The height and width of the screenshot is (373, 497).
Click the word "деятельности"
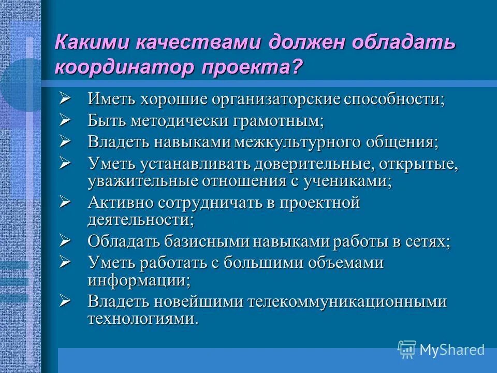tap(140, 220)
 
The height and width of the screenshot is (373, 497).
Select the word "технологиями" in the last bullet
tap(142, 319)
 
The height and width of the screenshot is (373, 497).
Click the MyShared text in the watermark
tap(451, 350)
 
